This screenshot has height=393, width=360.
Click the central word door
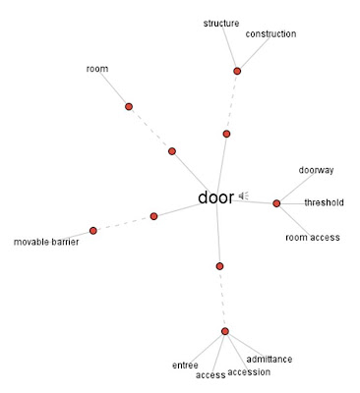[x=215, y=197]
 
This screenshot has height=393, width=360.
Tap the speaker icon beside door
[x=243, y=196]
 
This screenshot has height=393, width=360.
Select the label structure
[x=221, y=24]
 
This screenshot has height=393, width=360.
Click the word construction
[x=270, y=33]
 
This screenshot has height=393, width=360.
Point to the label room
[x=97, y=69]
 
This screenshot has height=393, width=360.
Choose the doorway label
[x=316, y=170]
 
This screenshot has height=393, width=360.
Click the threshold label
[x=324, y=202]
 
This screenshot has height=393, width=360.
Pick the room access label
[x=313, y=237]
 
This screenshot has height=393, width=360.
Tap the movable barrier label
[x=46, y=242]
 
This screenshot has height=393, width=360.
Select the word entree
[x=185, y=365]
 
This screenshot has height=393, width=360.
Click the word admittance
[x=270, y=360]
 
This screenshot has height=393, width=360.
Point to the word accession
[x=249, y=372]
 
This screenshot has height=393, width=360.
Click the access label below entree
[x=210, y=375]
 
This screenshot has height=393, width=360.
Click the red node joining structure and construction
[x=237, y=71]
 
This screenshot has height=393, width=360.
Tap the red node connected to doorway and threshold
[x=276, y=203]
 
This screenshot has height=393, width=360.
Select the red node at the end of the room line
[x=129, y=106]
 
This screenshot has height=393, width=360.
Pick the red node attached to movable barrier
[x=93, y=231]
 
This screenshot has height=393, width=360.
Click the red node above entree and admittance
[x=225, y=331]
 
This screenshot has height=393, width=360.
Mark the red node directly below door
[x=219, y=266]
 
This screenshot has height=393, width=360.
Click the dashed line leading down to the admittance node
[x=222, y=299]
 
